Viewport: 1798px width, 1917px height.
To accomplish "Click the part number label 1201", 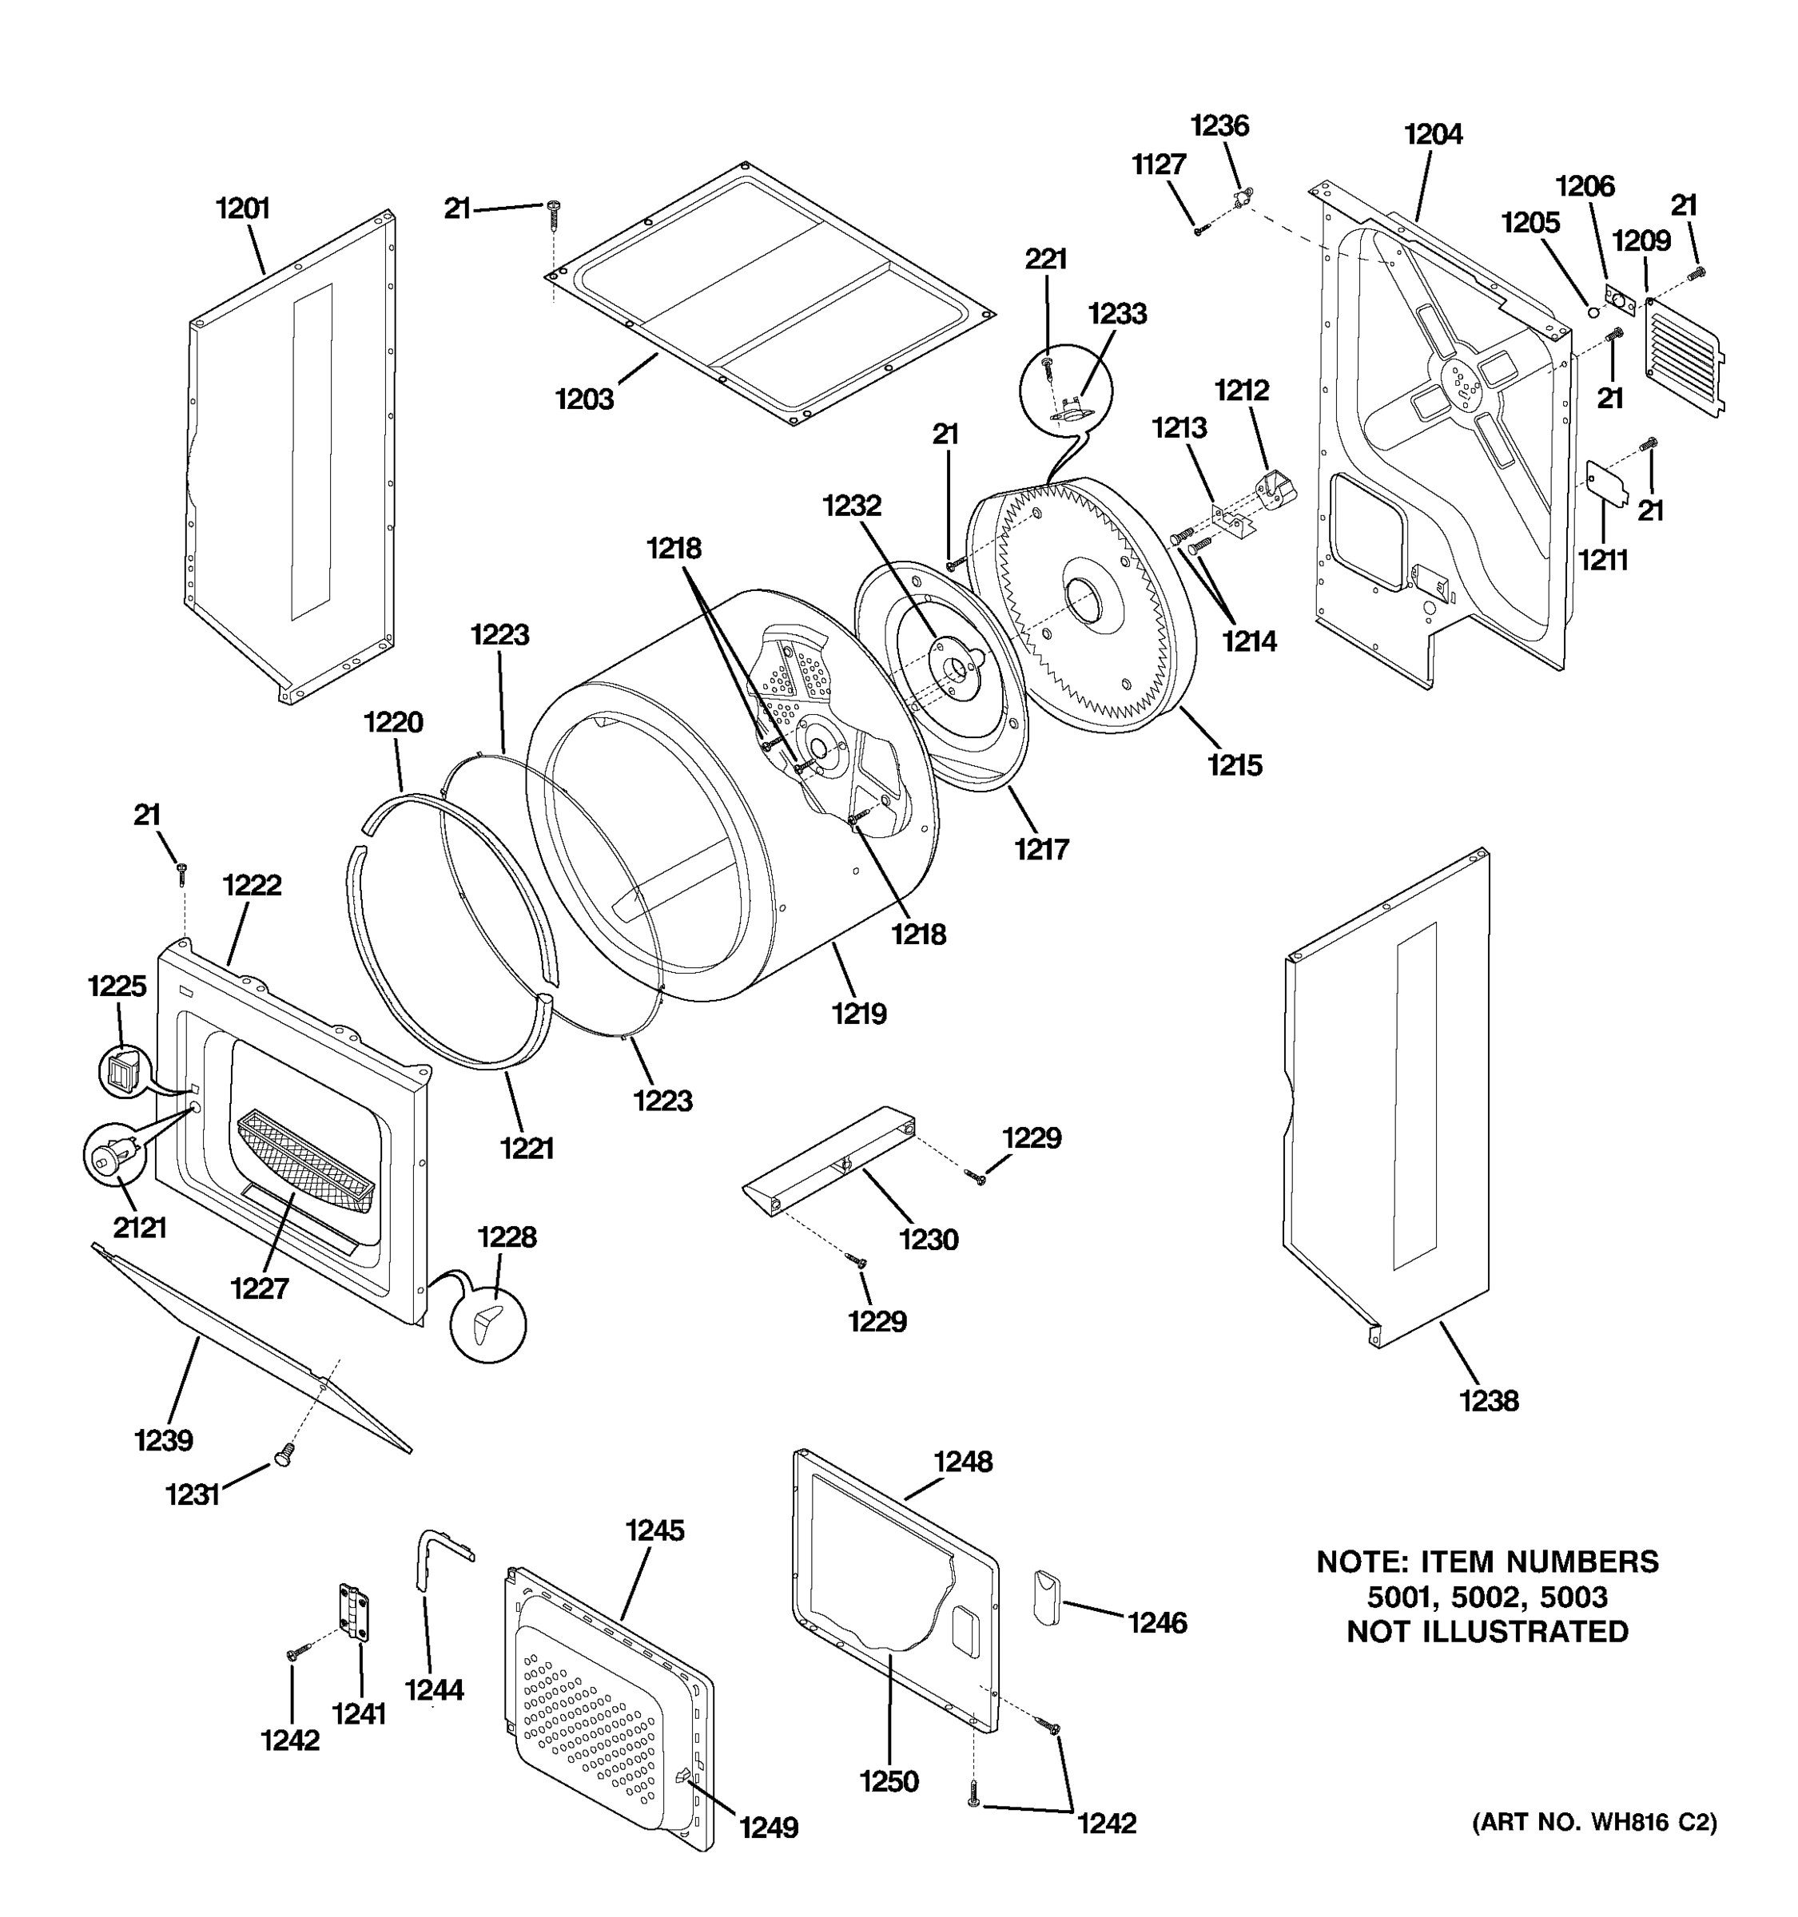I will [x=242, y=208].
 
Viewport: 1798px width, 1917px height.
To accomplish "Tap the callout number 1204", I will [x=1433, y=135].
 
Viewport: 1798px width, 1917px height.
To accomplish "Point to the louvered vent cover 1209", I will [x=1683, y=357].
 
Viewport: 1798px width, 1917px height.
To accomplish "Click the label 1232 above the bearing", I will [x=852, y=506].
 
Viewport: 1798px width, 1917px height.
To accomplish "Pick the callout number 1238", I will [x=1489, y=1401].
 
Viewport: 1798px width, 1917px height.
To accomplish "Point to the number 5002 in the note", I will [x=1486, y=1597].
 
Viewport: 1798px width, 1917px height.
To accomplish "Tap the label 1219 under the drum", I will [x=858, y=1014].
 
